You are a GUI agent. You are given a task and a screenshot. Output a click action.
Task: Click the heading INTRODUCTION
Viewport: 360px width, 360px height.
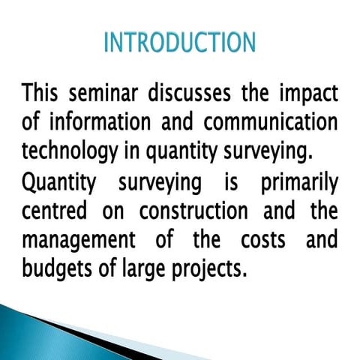[179, 42]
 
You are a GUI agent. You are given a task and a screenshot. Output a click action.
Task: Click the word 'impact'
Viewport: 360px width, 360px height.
[307, 96]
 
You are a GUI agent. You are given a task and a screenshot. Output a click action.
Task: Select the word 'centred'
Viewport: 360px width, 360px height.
[57, 212]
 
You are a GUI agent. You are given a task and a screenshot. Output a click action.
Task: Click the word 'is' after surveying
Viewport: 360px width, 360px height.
[223, 182]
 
